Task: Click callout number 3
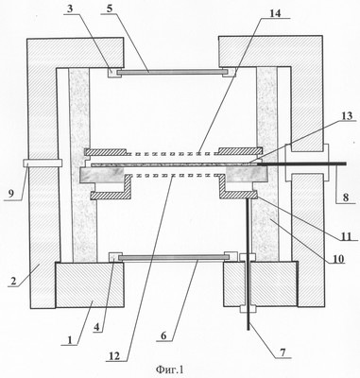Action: coord(71,9)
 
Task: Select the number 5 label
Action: coord(110,9)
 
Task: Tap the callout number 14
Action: coord(275,13)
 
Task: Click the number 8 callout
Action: coord(346,198)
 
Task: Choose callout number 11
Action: coord(346,235)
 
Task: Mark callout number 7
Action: coord(283,353)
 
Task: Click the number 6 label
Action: coord(163,336)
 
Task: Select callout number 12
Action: coord(113,356)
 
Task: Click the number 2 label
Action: coord(13,281)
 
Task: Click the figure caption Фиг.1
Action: coord(170,369)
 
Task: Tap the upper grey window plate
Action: coord(172,72)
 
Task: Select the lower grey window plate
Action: coord(174,258)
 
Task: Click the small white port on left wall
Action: coord(43,163)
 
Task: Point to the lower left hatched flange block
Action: coord(90,284)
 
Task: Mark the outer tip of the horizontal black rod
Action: coord(346,163)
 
